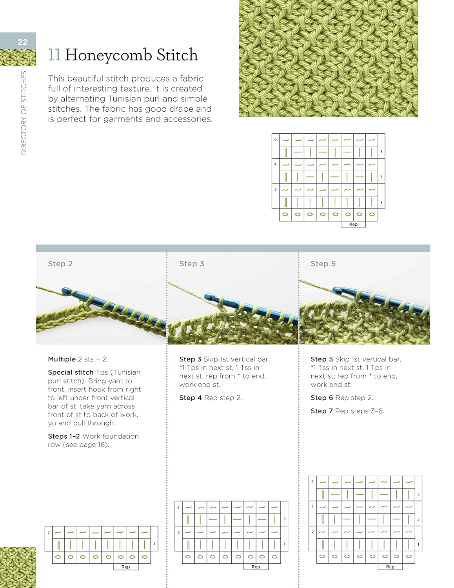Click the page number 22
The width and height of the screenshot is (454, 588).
[x=23, y=42]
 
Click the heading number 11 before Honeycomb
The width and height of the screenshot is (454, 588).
[x=54, y=55]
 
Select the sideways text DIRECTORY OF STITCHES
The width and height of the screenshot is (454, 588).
[x=24, y=113]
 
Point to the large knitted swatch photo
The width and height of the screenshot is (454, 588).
[x=328, y=58]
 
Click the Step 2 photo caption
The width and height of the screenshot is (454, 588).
[x=60, y=264]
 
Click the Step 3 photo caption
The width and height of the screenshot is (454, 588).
[x=192, y=264]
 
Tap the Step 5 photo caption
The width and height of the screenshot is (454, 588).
[x=323, y=264]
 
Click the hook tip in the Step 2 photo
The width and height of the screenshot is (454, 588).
[x=65, y=291]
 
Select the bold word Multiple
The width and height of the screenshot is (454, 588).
[x=62, y=359]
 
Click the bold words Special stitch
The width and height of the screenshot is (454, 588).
[x=71, y=372]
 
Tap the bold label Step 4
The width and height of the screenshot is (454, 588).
[x=191, y=398]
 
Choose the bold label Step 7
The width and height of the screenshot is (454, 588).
[x=321, y=411]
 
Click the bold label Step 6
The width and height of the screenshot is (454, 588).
[x=321, y=398]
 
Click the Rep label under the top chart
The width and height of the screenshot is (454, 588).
[x=353, y=225]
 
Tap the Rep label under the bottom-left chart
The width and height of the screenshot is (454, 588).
[x=125, y=567]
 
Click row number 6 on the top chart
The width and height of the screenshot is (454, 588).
[x=275, y=139]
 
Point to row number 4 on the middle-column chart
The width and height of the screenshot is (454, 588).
[x=178, y=508]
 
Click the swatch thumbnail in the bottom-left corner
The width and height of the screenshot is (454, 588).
[x=18, y=567]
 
